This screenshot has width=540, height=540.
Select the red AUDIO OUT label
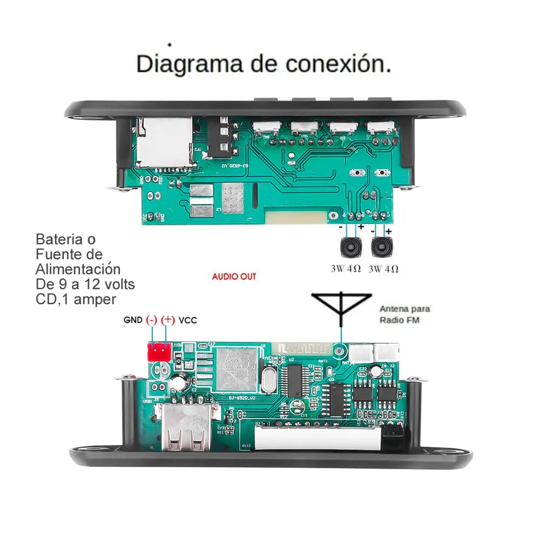[x=234, y=276]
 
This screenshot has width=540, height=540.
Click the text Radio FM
[x=400, y=320]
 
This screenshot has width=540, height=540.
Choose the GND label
[x=133, y=320]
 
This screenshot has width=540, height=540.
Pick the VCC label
[x=188, y=320]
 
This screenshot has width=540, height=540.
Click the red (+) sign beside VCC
[x=168, y=320]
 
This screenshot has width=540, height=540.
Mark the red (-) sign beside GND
[x=152, y=320]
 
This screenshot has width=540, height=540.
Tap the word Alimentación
[x=78, y=268]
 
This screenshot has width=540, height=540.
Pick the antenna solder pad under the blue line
[x=340, y=351]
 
